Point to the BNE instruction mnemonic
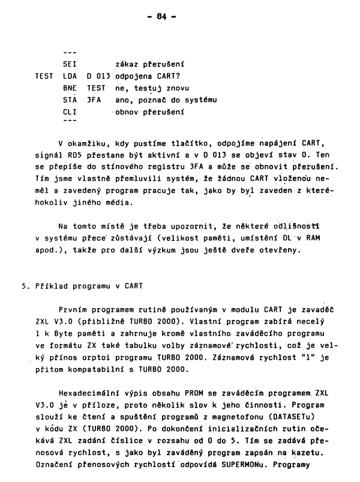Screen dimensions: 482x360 (x=70, y=88)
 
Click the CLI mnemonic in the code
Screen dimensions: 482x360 (x=70, y=112)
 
